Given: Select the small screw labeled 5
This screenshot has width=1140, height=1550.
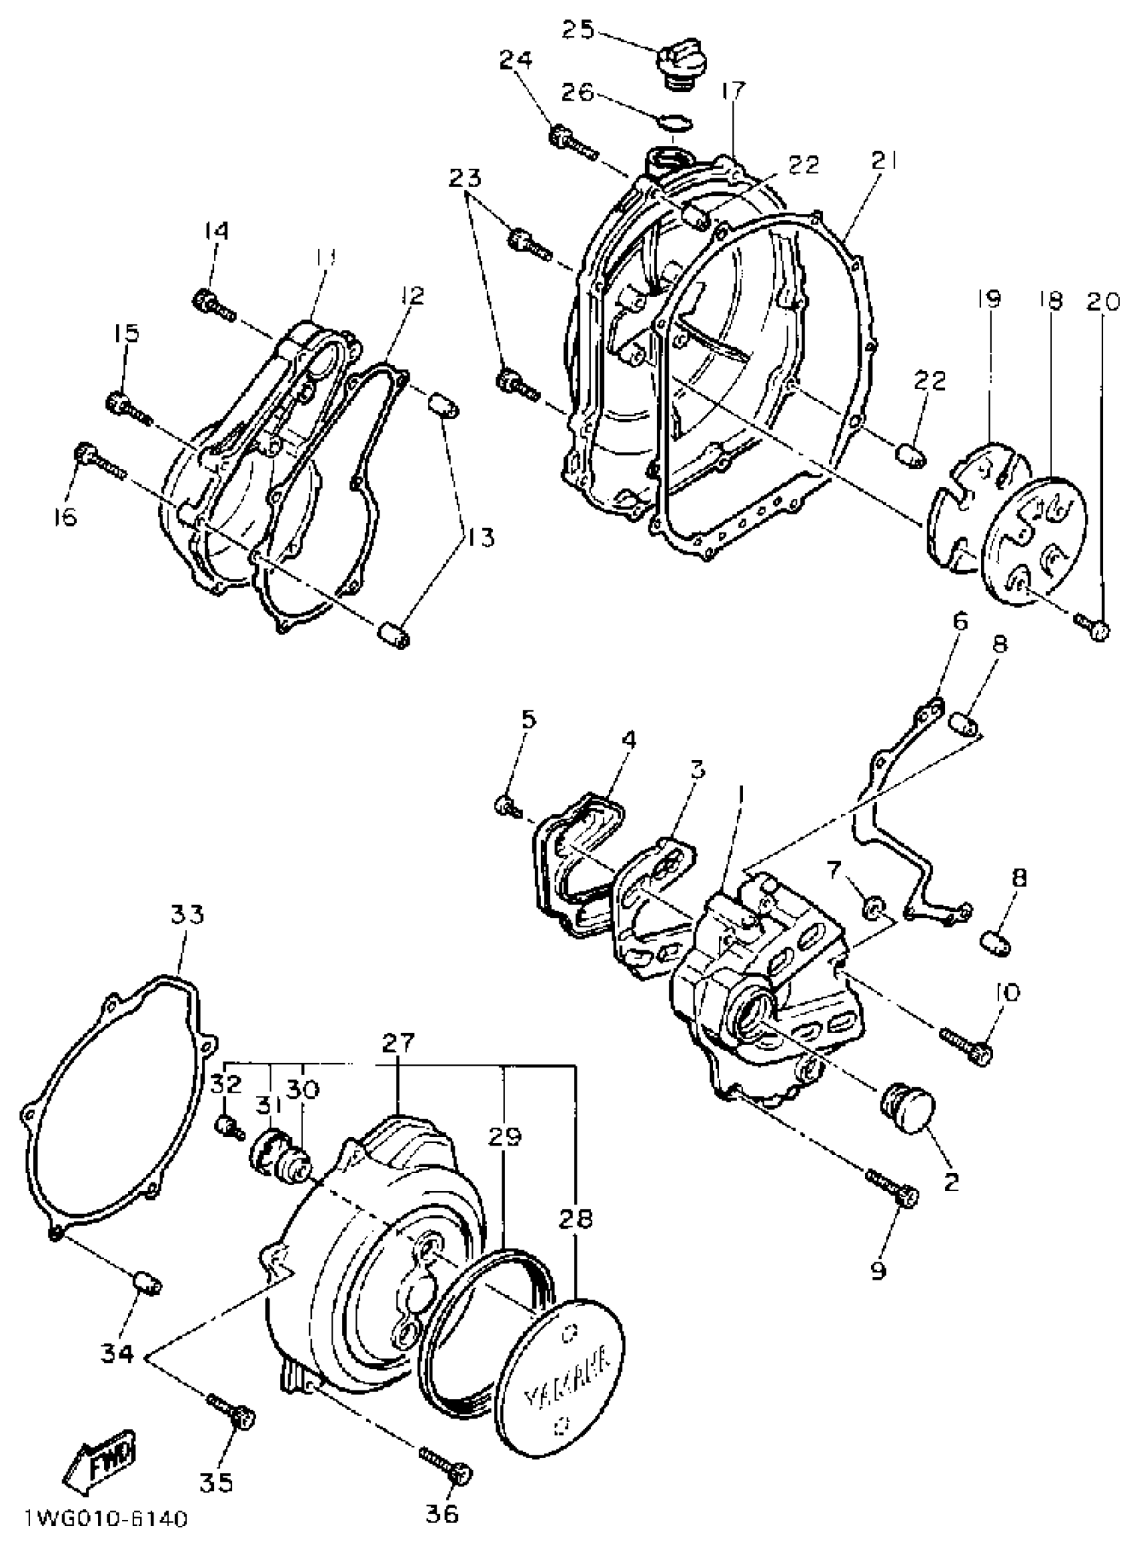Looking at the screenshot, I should coord(509,806).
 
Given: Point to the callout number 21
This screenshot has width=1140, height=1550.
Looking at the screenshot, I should coord(882,161).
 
